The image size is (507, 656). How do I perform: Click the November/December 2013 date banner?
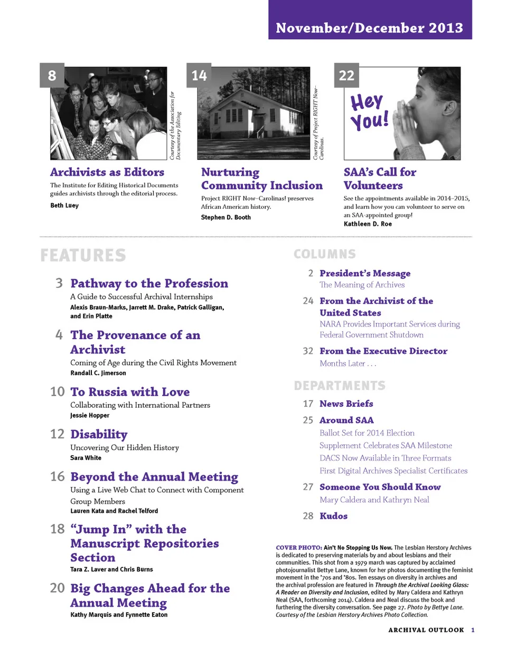pos(369,27)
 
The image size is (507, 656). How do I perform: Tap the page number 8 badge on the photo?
pos(52,76)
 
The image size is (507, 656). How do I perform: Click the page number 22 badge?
pos(346,76)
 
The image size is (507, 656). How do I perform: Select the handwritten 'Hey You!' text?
pos(369,111)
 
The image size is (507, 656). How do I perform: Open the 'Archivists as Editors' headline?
pos(107,172)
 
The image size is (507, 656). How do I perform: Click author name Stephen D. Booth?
pos(226,217)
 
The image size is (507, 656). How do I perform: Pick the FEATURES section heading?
pos(83,255)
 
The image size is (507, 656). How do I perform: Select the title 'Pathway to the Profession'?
pos(149,283)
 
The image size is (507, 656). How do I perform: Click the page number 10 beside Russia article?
pos(57,391)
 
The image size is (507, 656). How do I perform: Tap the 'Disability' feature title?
pos(99,434)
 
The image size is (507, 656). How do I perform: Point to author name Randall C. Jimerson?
pos(98,373)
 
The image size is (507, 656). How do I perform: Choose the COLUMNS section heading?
pos(324,254)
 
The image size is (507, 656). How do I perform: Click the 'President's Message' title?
pos(365,273)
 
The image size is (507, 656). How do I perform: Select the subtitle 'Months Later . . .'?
pos(348,363)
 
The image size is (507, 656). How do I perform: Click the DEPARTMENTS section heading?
pos(340,386)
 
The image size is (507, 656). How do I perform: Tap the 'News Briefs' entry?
pos(346,404)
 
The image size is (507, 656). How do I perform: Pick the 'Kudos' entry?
pos(333,516)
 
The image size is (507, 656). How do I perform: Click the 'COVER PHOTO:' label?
pos(298,548)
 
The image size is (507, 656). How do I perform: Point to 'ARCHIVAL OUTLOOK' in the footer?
pos(426,630)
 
